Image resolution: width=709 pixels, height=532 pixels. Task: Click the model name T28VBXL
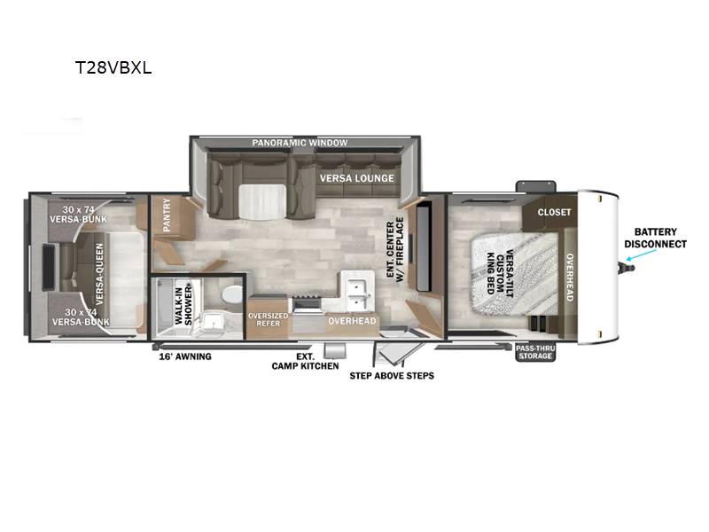tap(113, 68)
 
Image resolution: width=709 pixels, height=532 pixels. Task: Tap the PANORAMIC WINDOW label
tap(300, 143)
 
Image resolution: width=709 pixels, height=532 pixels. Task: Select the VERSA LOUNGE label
tap(357, 178)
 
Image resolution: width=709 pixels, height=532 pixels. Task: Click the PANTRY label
tap(167, 215)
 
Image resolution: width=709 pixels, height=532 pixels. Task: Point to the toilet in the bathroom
tap(232, 295)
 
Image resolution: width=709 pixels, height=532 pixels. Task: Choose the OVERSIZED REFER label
tap(269, 319)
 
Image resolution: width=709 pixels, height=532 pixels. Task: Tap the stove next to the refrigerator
tap(307, 304)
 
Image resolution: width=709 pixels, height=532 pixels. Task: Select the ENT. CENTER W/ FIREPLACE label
tap(394, 250)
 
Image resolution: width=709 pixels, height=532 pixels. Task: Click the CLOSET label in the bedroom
tap(554, 212)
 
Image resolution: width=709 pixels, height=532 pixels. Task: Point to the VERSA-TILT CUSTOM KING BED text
tap(500, 274)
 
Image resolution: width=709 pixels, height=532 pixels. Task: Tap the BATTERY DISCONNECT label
tap(655, 238)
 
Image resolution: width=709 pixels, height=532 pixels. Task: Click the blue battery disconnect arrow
tap(641, 254)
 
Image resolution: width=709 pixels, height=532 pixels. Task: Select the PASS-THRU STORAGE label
tap(535, 352)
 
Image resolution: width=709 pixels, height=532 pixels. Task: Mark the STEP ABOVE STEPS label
tap(392, 375)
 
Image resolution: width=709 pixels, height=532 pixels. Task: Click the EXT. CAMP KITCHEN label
tap(305, 362)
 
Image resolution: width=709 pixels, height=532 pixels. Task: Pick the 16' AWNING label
tap(185, 356)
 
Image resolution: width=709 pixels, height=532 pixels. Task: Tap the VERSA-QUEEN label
tap(99, 274)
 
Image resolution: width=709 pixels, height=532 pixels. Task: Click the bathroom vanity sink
tap(211, 321)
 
